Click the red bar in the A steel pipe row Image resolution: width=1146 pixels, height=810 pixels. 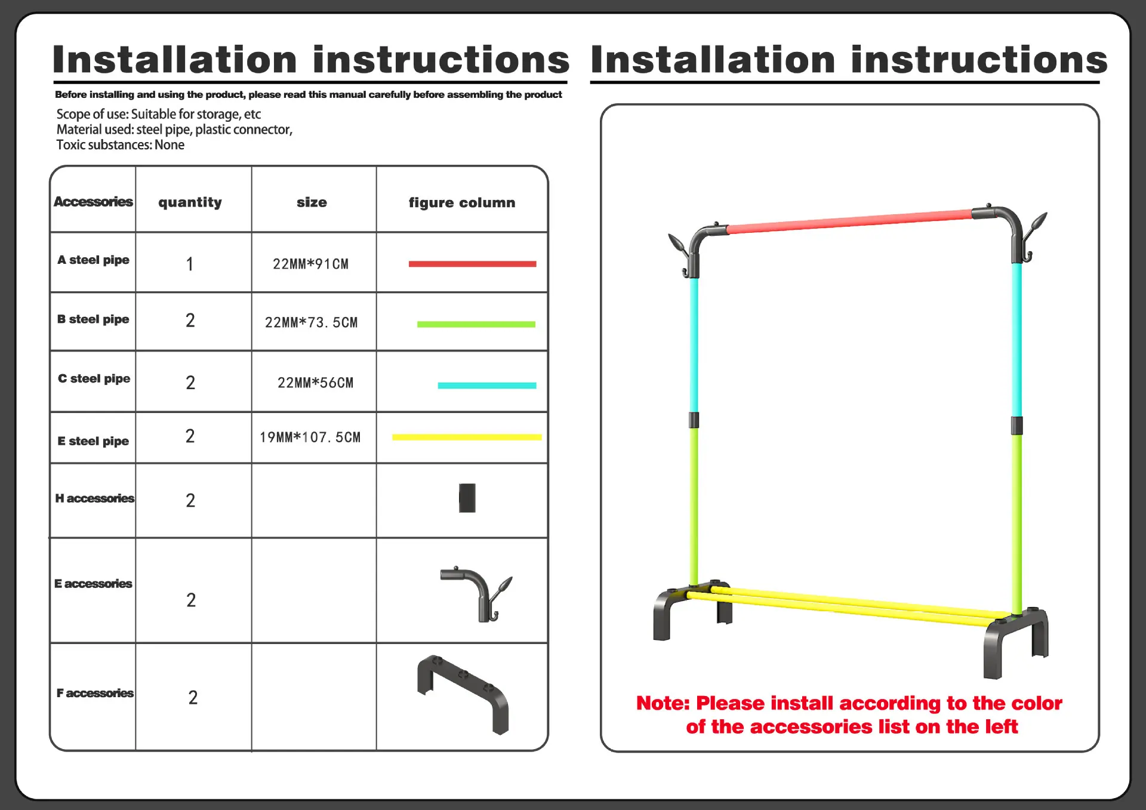[472, 264]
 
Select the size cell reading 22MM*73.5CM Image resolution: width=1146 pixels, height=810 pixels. [311, 322]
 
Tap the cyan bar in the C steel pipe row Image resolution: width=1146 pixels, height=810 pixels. [487, 386]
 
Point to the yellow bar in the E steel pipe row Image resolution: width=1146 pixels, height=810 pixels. [467, 437]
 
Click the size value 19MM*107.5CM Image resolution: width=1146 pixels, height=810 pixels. [310, 437]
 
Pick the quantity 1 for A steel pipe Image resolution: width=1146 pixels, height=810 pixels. [190, 264]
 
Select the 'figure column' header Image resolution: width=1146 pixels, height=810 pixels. [461, 202]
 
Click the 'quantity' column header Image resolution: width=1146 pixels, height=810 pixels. [190, 202]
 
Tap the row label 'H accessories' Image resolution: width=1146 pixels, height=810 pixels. [94, 498]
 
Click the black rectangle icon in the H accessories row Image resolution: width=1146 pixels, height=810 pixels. [467, 498]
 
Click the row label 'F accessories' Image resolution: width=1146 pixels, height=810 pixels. [95, 693]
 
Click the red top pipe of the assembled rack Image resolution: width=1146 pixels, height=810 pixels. [849, 221]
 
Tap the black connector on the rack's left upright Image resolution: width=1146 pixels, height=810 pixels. [694, 420]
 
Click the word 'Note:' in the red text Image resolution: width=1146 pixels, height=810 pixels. [663, 703]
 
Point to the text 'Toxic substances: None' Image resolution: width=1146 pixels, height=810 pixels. [120, 144]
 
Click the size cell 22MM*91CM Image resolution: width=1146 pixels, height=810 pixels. [310, 264]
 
